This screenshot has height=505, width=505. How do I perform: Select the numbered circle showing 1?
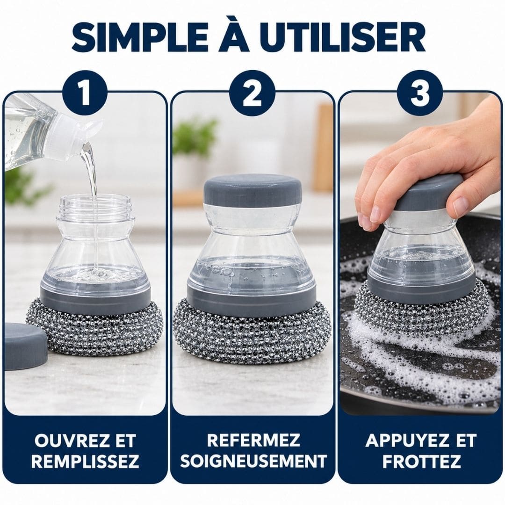point(85,93)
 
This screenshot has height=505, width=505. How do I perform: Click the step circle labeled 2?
point(252,93)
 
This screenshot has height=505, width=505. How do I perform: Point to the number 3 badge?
point(419,93)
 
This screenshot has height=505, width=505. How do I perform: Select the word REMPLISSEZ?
point(85,461)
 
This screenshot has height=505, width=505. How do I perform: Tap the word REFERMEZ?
point(253,440)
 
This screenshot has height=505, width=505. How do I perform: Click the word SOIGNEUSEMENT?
point(253,461)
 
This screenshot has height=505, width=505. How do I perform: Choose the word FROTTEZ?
point(421,461)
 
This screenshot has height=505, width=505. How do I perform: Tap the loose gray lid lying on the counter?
point(25,345)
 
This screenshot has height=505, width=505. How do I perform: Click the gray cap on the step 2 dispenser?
point(253,190)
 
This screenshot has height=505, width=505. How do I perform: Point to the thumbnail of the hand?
point(460,207)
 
